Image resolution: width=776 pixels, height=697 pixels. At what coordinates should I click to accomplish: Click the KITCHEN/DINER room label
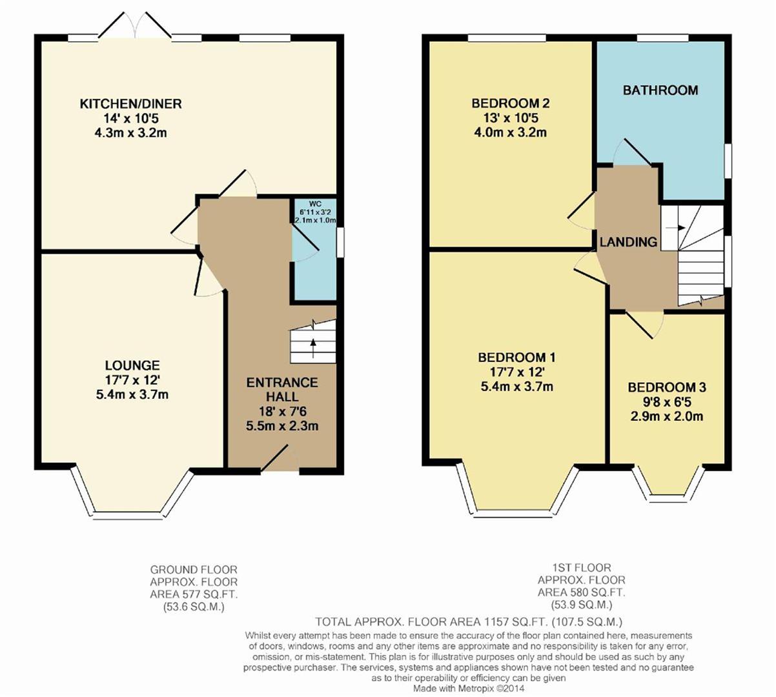130,104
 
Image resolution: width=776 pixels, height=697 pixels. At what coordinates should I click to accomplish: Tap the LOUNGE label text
132,365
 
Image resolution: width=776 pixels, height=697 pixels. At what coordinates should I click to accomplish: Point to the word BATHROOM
660,90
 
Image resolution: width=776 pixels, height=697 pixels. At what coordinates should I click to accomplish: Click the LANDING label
628,242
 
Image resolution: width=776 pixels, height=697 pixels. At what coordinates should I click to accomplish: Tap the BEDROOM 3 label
666,387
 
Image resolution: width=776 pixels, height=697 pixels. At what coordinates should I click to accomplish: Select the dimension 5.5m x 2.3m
282,426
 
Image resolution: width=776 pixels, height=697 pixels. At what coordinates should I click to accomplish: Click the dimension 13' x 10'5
510,118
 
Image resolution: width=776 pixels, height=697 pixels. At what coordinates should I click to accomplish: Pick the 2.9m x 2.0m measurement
666,416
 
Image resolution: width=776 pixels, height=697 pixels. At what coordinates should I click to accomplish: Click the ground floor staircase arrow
313,348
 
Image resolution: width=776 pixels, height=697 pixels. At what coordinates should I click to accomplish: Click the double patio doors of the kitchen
135,25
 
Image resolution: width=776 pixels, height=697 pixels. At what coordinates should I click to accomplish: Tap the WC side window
340,243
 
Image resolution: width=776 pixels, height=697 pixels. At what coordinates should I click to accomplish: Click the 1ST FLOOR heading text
582,567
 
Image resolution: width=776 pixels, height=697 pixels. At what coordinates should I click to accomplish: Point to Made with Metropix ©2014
469,688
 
